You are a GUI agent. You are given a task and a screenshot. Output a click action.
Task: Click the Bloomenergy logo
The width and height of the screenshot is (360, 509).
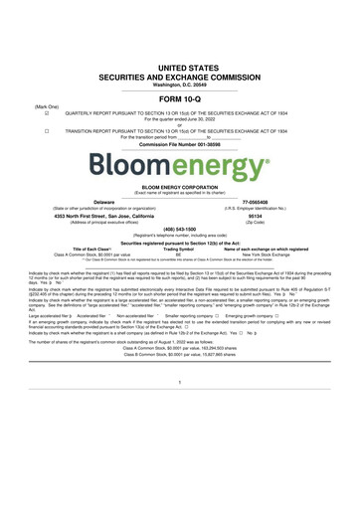pyautogui.click(x=179, y=162)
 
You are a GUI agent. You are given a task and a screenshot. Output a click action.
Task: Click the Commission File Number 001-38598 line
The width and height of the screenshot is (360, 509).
pyautogui.click(x=179, y=145)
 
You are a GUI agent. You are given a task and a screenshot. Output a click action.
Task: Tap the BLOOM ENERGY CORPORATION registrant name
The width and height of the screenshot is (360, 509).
pyautogui.click(x=179, y=185)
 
